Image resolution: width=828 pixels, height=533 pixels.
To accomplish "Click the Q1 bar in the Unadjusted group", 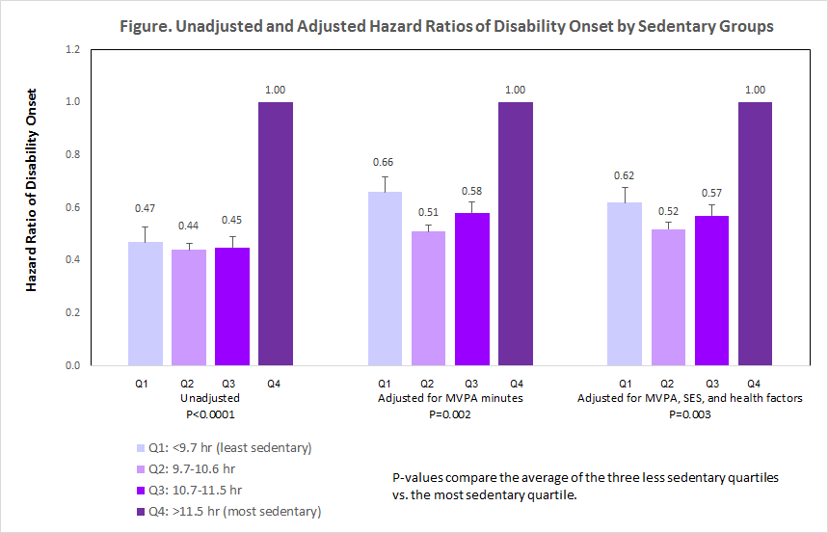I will point(145,304).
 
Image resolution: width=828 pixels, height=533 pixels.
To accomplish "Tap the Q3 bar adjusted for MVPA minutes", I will point(471,289).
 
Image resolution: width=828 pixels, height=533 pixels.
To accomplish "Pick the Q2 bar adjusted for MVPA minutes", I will point(428,299).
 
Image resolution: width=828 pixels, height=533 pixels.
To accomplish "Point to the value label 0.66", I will point(385,162).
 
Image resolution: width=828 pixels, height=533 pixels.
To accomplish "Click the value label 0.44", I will point(188,226).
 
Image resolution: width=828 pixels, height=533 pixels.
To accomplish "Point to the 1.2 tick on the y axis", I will point(73,49).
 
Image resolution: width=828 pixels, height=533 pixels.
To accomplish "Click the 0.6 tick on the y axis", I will point(73,207).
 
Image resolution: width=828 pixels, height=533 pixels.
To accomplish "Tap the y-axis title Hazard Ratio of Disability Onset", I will point(32,191).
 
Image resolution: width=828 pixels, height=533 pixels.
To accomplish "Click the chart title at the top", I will point(446,27).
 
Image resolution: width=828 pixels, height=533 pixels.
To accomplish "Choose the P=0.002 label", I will point(449,414).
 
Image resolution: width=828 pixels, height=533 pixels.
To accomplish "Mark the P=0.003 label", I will point(689,414).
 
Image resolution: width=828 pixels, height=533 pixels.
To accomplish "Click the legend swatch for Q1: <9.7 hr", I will point(140,448).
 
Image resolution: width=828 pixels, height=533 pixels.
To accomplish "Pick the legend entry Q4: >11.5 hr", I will point(235,511).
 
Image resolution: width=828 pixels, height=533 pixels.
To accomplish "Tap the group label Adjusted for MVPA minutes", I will point(449,398).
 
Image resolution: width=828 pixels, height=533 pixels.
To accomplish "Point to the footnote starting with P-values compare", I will point(572,485).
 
